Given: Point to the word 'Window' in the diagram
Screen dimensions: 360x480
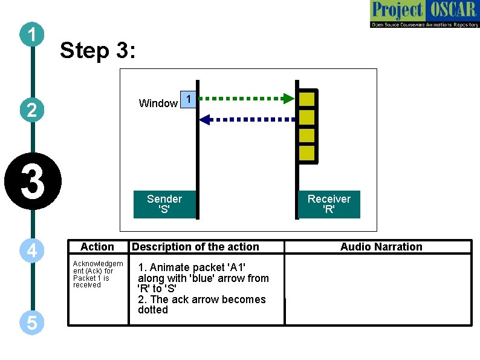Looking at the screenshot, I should coord(158,103).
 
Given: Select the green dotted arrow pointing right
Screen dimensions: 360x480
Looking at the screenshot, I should coord(245,97).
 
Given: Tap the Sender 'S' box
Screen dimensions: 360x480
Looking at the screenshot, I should coord(164,205).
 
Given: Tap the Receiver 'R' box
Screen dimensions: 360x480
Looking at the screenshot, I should coord(329,205).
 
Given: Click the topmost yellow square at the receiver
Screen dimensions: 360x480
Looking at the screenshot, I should coord(307,98).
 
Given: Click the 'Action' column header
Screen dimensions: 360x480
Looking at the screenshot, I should coord(97,247).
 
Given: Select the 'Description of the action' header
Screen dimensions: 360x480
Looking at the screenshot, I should coord(195,247).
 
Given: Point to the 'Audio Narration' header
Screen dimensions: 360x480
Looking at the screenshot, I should coord(381,247).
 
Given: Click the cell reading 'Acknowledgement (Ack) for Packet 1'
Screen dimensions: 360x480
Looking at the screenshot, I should coord(97,274).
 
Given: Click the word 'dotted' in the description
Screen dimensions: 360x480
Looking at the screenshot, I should coord(153,310).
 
